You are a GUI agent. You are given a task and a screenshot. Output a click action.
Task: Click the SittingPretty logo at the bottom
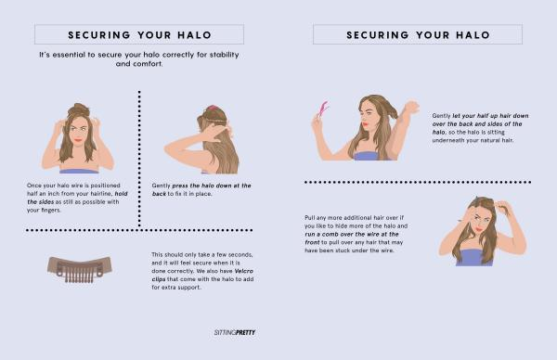(235, 333)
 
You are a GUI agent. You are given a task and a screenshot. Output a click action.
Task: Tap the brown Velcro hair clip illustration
(80, 268)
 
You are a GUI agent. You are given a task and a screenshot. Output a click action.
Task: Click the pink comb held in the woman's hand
(323, 109)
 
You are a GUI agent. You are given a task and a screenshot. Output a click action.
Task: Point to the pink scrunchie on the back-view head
(213, 108)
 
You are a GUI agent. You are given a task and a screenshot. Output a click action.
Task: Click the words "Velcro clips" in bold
(202, 276)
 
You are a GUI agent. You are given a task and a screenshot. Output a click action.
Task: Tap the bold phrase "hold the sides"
(77, 198)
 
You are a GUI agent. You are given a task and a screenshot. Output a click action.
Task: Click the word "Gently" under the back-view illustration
(161, 186)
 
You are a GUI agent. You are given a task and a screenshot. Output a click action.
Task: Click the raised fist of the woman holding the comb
(411, 107)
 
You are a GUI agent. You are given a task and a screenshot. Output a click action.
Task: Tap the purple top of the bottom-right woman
(474, 257)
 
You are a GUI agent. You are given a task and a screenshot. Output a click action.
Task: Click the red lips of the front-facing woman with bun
(78, 140)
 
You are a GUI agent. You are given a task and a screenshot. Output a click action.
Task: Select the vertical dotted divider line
(139, 159)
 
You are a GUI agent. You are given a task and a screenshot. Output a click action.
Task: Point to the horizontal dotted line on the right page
(418, 182)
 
